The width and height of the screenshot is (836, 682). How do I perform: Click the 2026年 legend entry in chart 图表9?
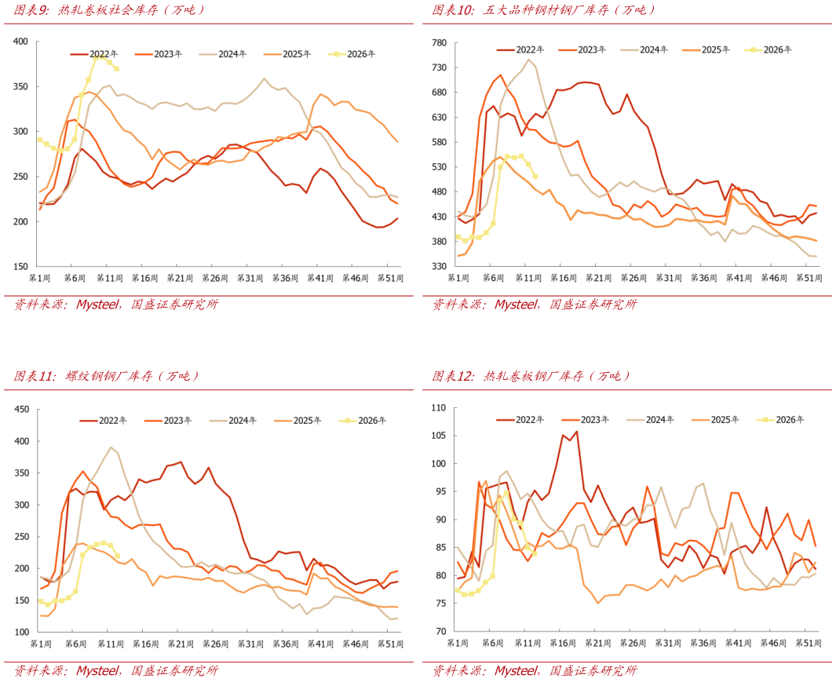click(358, 54)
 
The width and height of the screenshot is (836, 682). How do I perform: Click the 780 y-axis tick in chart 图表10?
click(439, 42)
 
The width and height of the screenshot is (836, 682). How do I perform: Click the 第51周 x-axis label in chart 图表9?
click(390, 279)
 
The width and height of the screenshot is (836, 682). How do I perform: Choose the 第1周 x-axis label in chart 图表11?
click(40, 644)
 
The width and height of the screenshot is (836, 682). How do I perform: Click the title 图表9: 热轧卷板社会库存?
click(109, 10)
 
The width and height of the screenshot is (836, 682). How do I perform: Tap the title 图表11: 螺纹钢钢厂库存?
click(106, 376)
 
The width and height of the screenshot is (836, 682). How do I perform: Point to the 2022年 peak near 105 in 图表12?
click(577, 431)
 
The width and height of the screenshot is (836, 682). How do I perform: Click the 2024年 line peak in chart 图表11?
click(111, 447)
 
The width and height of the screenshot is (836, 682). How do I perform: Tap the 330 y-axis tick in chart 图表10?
click(439, 267)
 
